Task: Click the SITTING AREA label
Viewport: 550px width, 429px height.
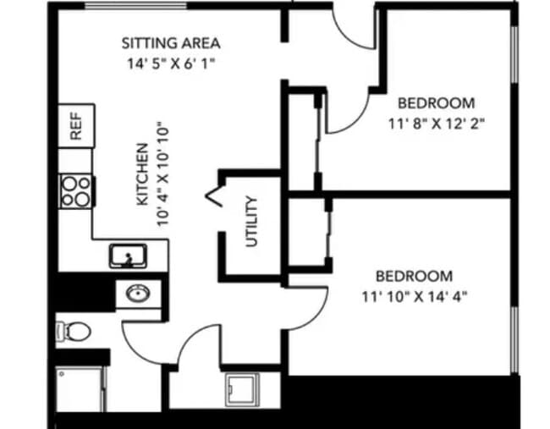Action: coord(171,43)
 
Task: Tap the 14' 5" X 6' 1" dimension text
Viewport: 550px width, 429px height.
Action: coord(170,63)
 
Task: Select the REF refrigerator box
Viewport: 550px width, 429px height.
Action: coord(76,125)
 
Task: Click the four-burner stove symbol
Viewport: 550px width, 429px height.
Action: coord(76,191)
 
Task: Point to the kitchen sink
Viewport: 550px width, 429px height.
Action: coord(128,256)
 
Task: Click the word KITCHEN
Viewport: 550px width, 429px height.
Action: coord(142,174)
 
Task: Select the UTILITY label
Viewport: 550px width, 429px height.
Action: coord(251,222)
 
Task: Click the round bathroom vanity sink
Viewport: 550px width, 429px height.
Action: coord(138,294)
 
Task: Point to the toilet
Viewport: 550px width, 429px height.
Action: coord(73,331)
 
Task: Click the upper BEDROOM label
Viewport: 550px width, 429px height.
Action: coord(437,103)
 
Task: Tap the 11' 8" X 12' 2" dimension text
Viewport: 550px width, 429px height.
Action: coord(437,124)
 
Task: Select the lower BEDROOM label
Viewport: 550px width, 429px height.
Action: coord(415,276)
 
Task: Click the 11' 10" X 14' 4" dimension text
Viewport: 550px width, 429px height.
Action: coord(415,297)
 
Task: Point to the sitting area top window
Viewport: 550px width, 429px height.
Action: coord(135,6)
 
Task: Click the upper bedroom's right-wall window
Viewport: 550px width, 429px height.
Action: coord(514,54)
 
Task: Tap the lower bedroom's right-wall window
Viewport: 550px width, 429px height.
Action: coord(514,339)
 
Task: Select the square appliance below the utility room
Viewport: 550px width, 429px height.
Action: coord(242,390)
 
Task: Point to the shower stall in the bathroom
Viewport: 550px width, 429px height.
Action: coord(80,388)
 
